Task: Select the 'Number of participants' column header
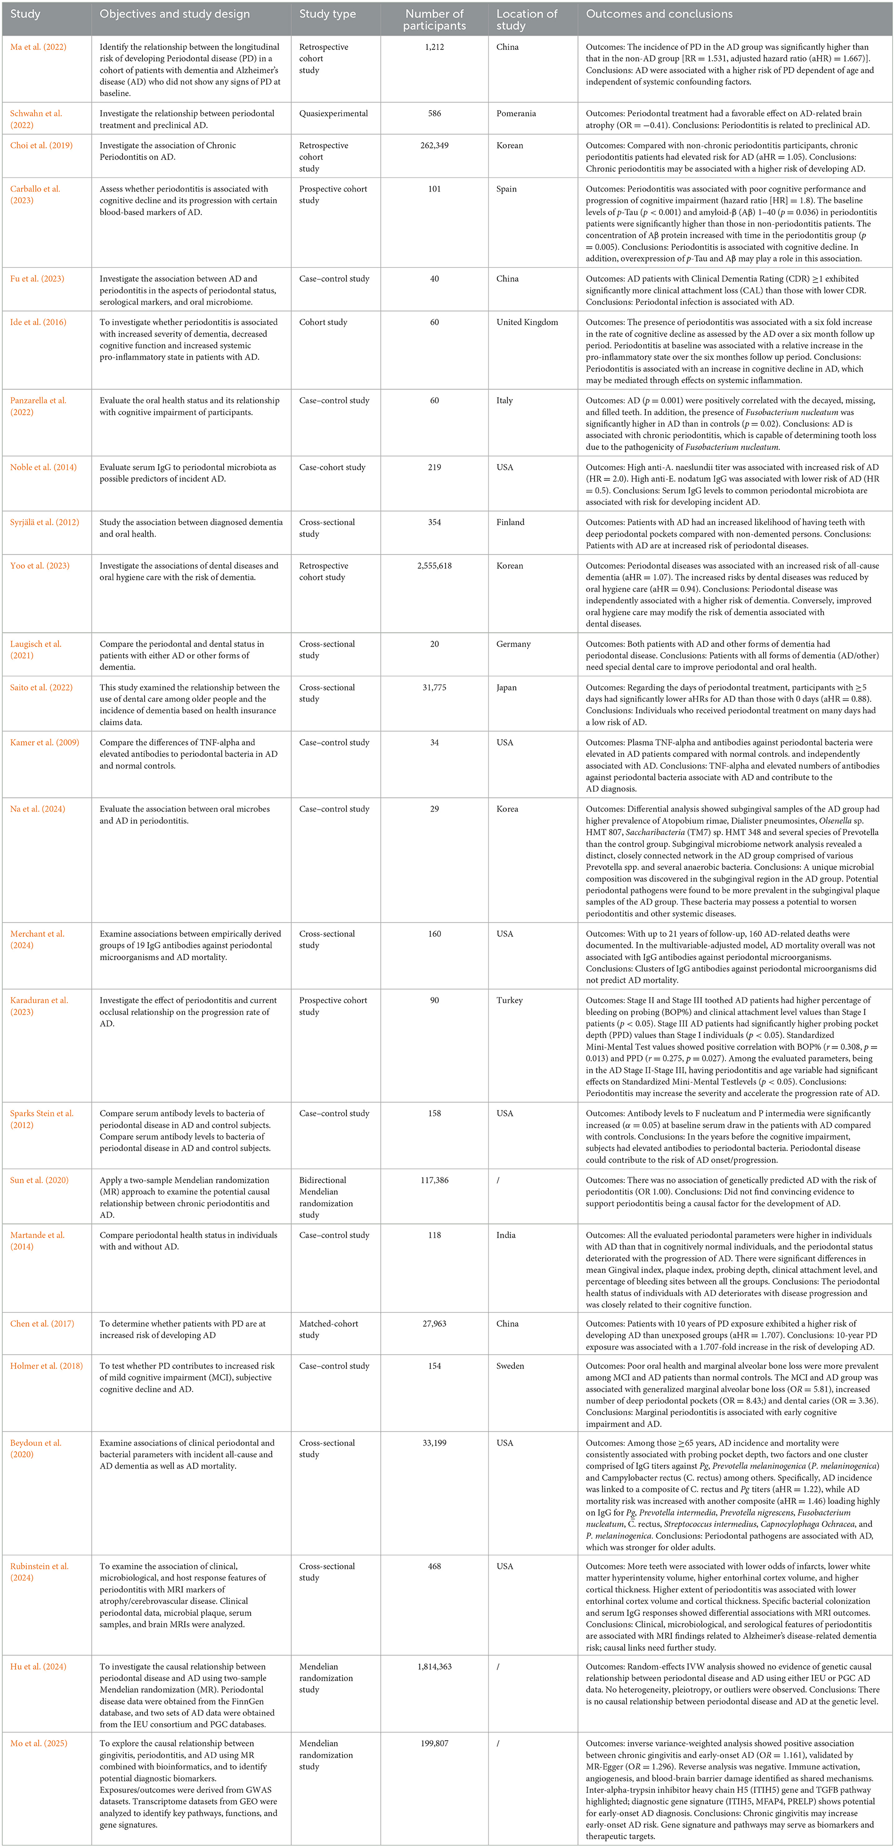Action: click(x=434, y=19)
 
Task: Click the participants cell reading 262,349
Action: click(x=434, y=145)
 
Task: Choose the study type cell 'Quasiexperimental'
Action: click(x=334, y=113)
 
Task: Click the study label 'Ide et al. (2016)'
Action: click(x=38, y=322)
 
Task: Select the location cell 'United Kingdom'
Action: click(x=527, y=322)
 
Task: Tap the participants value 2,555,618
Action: click(x=434, y=566)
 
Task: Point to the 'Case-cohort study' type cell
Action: click(x=332, y=467)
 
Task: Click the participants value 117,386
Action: click(x=434, y=1180)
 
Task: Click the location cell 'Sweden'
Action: click(x=510, y=1366)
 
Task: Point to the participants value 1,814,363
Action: click(x=434, y=1666)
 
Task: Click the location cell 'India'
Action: click(x=506, y=1235)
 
